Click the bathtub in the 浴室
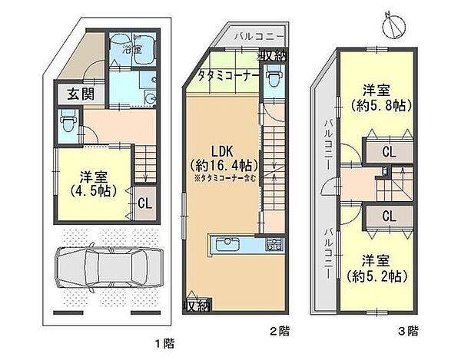point(133,52)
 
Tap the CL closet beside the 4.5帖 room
point(143,203)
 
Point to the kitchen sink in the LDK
point(227,246)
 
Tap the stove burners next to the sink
point(273,246)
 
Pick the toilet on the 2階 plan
point(274,78)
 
